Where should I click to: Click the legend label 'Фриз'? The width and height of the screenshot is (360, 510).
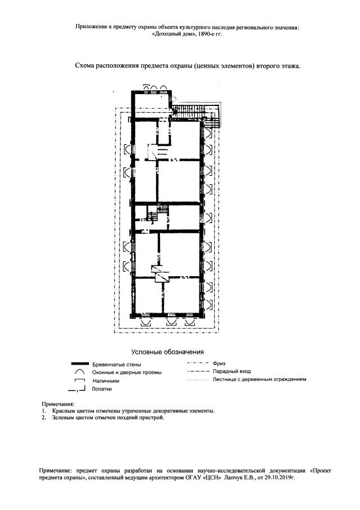pyautogui.click(x=219, y=363)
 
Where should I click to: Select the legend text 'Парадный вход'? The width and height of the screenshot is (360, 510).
pyautogui.click(x=232, y=371)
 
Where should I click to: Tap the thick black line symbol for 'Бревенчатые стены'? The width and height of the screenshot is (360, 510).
pyautogui.click(x=79, y=363)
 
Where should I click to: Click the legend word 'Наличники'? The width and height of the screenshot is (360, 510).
pyautogui.click(x=106, y=381)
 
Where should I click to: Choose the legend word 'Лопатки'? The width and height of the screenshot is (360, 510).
pyautogui.click(x=101, y=389)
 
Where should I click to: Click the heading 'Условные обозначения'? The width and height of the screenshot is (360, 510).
pyautogui.click(x=167, y=352)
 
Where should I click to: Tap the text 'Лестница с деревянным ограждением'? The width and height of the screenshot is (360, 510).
pyautogui.click(x=259, y=379)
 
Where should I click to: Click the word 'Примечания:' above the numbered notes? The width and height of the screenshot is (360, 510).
pyautogui.click(x=58, y=404)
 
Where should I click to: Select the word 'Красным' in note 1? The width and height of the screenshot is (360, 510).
pyautogui.click(x=63, y=411)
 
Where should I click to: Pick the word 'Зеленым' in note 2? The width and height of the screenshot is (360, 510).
pyautogui.click(x=63, y=418)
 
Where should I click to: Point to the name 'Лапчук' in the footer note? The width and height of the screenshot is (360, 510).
pyautogui.click(x=232, y=478)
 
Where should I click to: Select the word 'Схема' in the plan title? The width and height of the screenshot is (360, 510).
pyautogui.click(x=84, y=66)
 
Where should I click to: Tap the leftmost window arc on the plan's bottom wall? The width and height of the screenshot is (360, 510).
pyautogui.click(x=146, y=322)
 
